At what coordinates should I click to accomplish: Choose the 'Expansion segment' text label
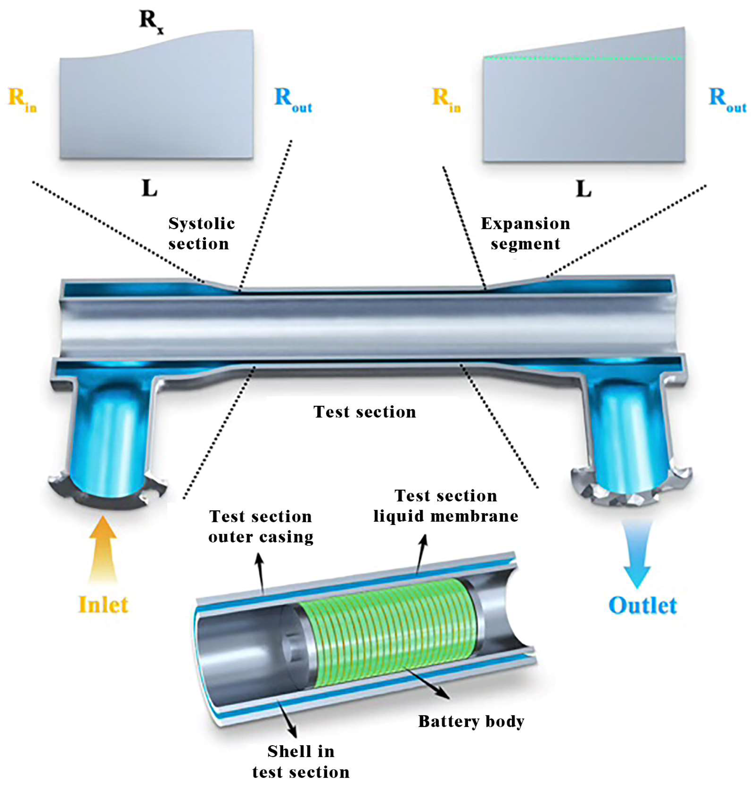tap(525, 234)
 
